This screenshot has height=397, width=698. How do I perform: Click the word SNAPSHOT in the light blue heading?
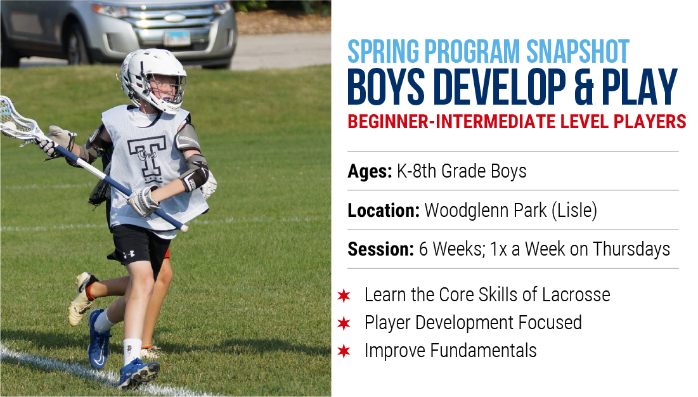(x=578, y=51)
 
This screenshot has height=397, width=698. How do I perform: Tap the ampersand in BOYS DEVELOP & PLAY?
(x=584, y=88)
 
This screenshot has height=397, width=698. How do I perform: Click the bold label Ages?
(x=370, y=171)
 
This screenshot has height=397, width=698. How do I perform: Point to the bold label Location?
(x=384, y=211)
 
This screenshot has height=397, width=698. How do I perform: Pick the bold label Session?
(x=381, y=249)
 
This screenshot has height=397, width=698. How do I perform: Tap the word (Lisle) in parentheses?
(x=574, y=211)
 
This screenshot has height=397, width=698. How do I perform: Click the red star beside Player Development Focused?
(x=344, y=323)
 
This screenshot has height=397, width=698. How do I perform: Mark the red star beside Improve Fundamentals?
(x=344, y=351)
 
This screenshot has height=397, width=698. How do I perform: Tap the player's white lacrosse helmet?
(x=153, y=78)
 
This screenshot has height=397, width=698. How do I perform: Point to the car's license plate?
(x=177, y=38)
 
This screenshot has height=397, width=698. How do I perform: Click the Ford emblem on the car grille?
(x=175, y=18)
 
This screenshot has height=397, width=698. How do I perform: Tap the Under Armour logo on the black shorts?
(x=129, y=254)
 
